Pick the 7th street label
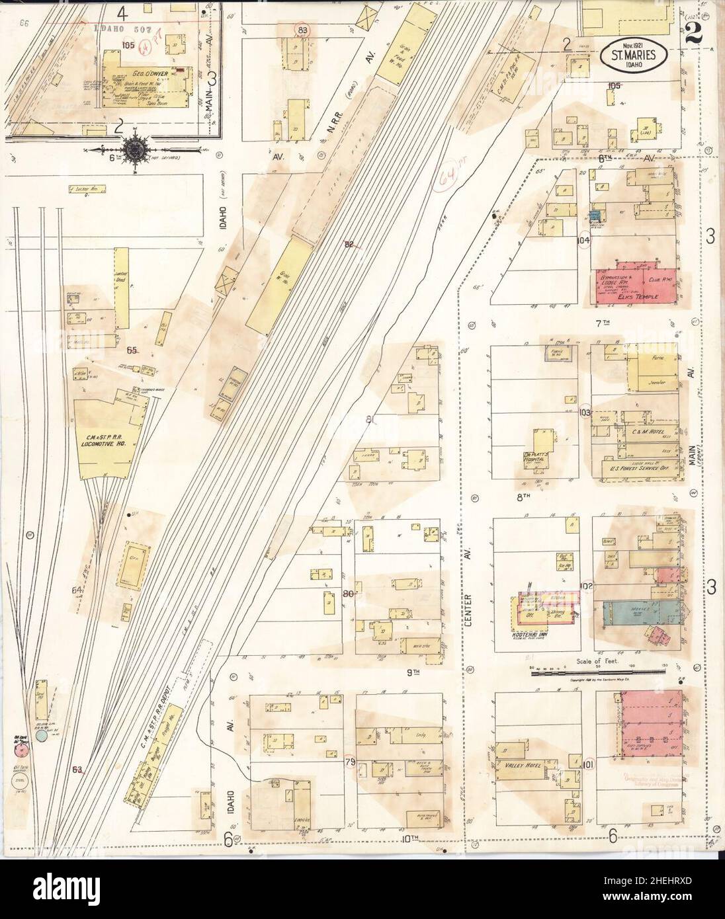point(601,323)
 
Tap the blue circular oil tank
point(41,735)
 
